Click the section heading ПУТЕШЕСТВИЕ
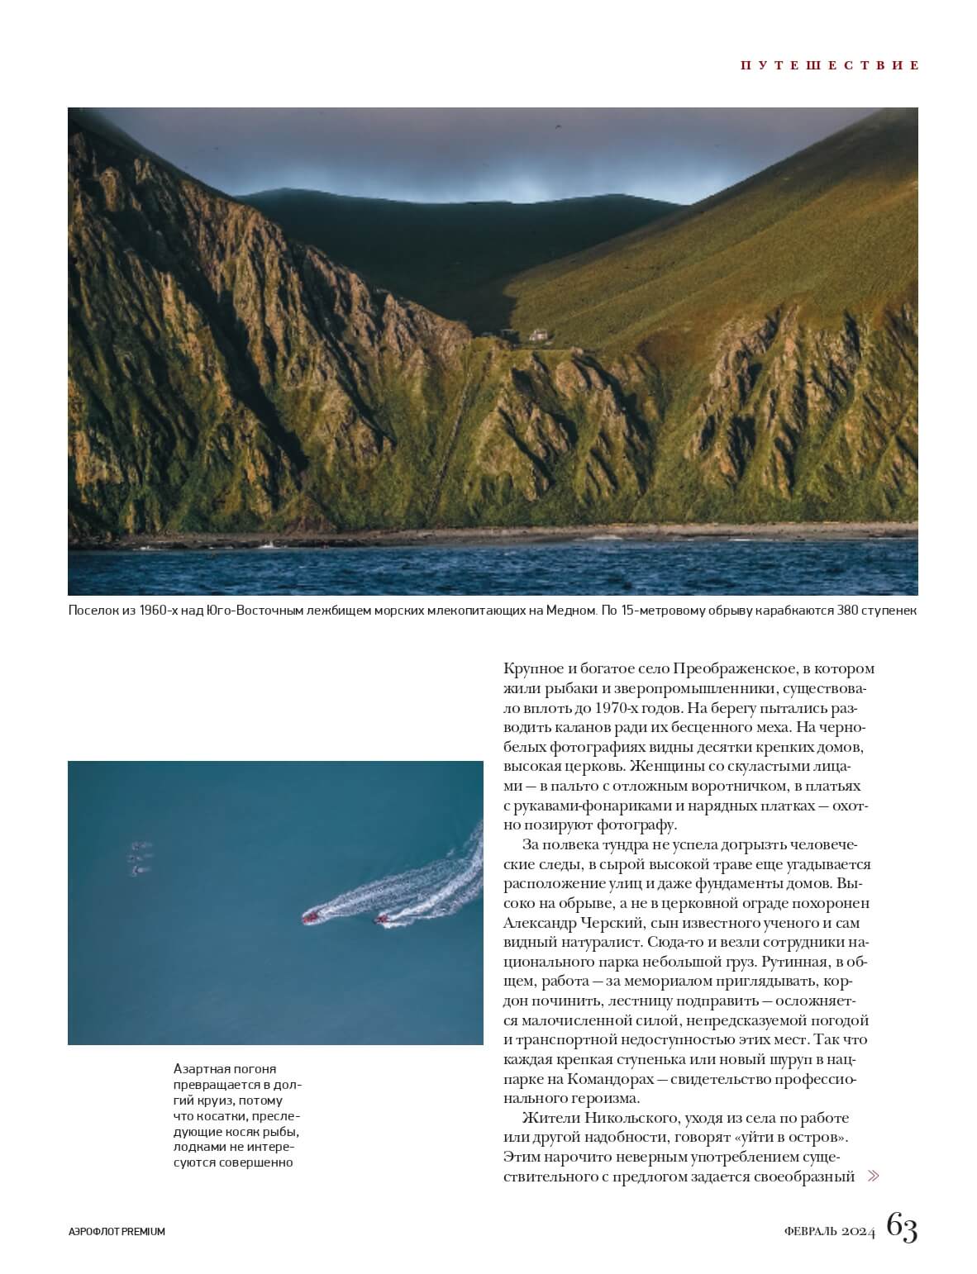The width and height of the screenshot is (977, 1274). [829, 65]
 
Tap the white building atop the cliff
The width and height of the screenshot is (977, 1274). [539, 335]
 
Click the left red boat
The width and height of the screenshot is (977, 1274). [311, 916]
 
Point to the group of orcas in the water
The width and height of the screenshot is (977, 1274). [141, 858]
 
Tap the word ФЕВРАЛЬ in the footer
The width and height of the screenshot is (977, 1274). [813, 1231]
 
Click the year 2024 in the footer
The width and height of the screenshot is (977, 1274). [860, 1231]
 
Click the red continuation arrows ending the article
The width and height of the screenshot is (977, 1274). [873, 1176]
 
